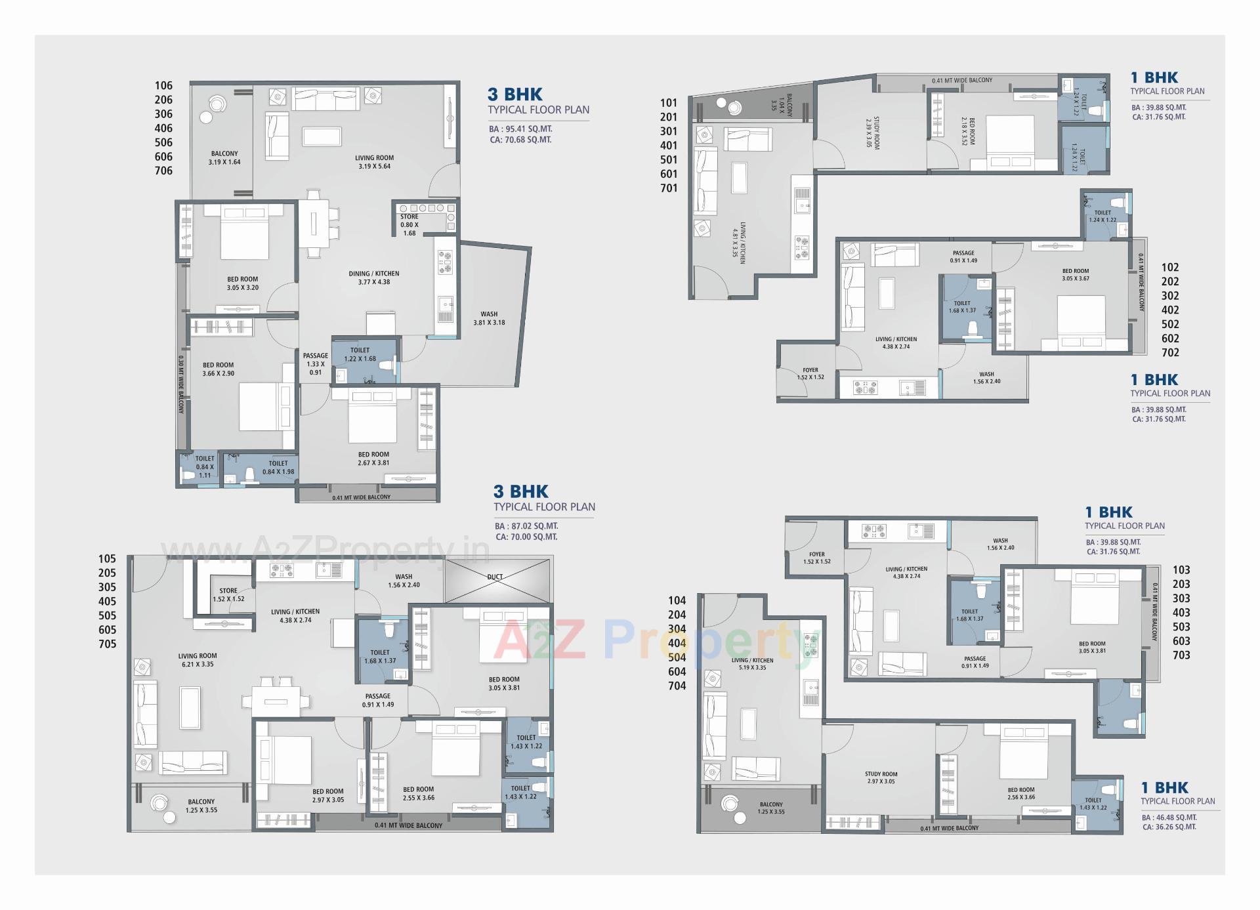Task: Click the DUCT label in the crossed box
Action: coord(495,577)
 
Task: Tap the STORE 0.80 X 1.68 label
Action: coord(409,224)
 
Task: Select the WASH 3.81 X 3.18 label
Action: coord(489,318)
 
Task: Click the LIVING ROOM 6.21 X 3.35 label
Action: coord(197,660)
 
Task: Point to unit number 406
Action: coord(163,128)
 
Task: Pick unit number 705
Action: coord(107,644)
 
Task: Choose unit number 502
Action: coord(1169,324)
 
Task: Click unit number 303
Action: coord(1181,598)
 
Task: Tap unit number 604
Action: coord(677,671)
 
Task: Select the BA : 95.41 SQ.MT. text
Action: coord(520,129)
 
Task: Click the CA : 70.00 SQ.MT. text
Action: coord(526,537)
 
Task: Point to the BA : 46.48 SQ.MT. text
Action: coord(1169,817)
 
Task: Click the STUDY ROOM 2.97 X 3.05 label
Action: coord(881,777)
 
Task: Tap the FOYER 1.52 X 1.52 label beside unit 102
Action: coord(810,373)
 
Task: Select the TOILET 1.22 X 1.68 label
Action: coord(360,354)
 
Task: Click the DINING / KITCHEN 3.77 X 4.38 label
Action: coord(374,278)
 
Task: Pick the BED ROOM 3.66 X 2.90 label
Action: coord(218,369)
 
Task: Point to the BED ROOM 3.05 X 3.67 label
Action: coord(1076,274)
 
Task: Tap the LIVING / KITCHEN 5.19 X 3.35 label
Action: coord(752,664)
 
